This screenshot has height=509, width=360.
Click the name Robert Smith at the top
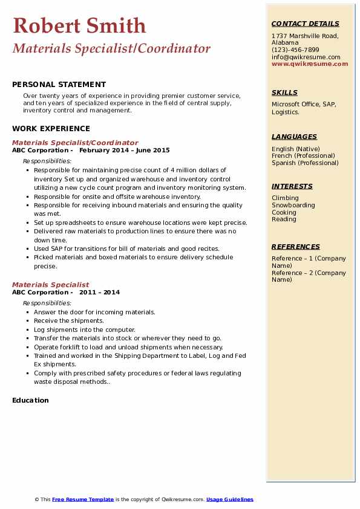[79, 25]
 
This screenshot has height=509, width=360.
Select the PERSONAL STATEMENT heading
[59, 85]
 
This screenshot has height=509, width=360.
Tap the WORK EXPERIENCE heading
[51, 128]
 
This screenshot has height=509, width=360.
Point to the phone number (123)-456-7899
[295, 50]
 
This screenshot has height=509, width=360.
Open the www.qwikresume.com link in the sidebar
[310, 63]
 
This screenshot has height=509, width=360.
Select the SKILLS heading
[284, 92]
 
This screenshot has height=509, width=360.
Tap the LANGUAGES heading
[294, 137]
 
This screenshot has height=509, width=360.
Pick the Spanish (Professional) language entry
[305, 163]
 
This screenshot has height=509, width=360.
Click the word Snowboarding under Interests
[293, 205]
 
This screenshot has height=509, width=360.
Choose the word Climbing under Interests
[285, 198]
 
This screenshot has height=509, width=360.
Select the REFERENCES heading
[295, 247]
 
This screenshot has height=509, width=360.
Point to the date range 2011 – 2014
[99, 292]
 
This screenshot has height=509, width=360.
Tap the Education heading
[30, 400]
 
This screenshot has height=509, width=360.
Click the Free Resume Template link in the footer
[83, 499]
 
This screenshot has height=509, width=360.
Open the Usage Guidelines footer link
[229, 499]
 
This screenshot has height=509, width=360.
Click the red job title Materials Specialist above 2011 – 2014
[50, 285]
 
